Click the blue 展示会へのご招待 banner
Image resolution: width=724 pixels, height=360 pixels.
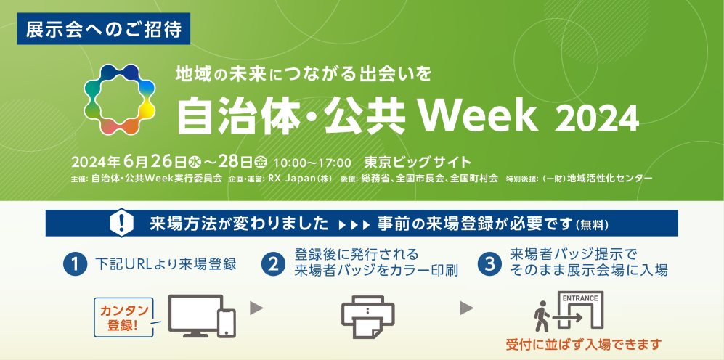coord(103,28)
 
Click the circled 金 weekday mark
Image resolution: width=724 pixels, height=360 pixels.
coord(261,163)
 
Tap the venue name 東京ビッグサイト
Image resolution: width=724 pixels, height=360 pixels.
coord(418,163)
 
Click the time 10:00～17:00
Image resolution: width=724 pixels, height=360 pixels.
coord(312,163)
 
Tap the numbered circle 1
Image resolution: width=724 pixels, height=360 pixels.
coord(76,264)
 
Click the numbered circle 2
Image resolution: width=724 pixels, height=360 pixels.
coord(273,264)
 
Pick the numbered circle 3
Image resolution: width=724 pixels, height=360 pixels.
coord(490,264)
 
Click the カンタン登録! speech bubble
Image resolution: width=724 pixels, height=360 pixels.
coord(123,317)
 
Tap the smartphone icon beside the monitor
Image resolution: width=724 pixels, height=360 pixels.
coord(227,322)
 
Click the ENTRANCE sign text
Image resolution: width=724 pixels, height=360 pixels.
coord(580,298)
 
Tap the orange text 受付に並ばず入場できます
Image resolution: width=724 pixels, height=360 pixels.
coord(584,344)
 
